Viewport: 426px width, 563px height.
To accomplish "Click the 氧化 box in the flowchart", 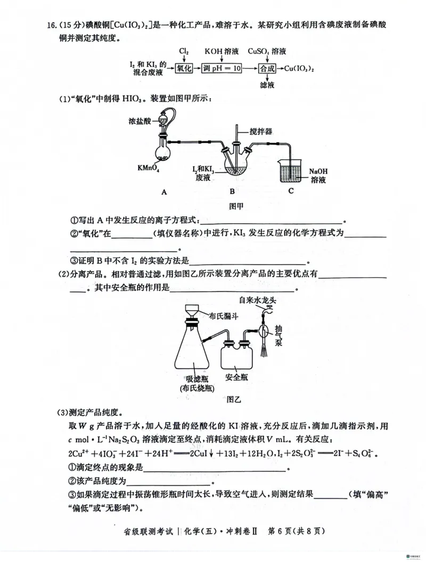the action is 184,69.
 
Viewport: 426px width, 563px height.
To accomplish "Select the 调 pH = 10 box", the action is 222,69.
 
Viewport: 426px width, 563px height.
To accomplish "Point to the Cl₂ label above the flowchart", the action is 184,51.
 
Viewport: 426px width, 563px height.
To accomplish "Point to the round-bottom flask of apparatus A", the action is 163,152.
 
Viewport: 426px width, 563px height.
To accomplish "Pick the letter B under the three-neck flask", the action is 232,191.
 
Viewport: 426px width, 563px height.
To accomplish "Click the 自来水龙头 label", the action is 257,299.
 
